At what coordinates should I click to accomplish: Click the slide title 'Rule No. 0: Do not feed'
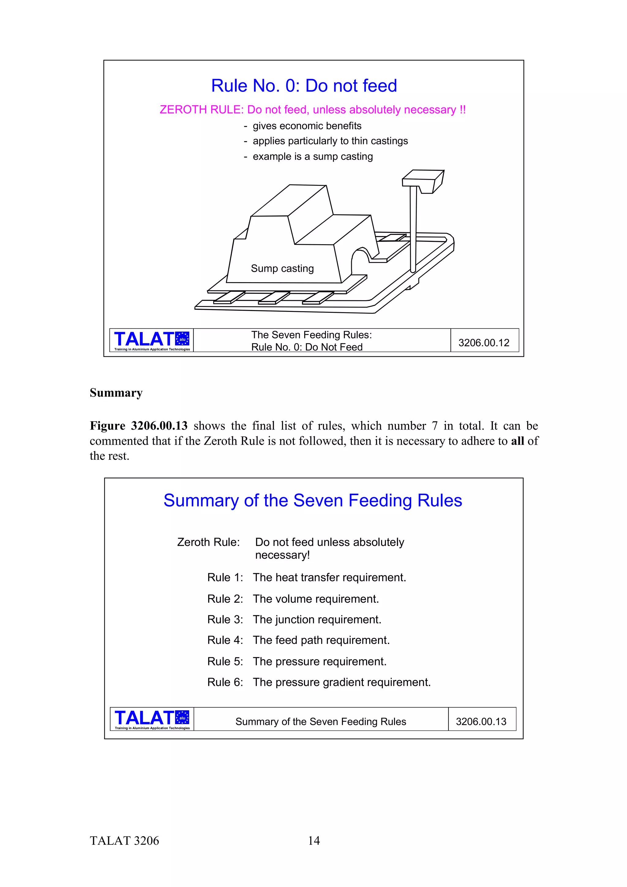(x=304, y=86)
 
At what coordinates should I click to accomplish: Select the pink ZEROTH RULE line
(x=313, y=110)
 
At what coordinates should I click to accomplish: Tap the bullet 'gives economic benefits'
(x=307, y=126)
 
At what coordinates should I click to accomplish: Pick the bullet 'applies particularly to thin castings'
(x=330, y=141)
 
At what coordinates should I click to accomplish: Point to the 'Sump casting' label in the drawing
(x=282, y=268)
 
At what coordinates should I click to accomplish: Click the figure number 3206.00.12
(x=484, y=343)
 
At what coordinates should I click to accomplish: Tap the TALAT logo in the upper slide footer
(x=152, y=340)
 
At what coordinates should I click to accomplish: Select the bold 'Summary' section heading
(x=116, y=393)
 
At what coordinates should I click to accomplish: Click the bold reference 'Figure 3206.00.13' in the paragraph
(x=138, y=426)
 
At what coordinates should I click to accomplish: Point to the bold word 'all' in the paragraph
(x=517, y=441)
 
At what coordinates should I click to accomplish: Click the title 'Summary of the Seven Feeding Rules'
(x=313, y=501)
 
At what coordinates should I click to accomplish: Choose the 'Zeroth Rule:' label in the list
(x=208, y=542)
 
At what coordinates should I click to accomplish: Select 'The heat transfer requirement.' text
(x=329, y=578)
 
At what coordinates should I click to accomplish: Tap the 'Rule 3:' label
(x=225, y=620)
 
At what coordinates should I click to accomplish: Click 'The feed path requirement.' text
(x=321, y=641)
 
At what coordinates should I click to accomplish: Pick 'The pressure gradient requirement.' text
(x=341, y=683)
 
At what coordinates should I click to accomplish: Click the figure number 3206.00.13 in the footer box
(x=481, y=722)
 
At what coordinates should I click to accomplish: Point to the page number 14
(x=314, y=841)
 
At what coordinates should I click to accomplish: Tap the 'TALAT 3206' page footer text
(x=124, y=841)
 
